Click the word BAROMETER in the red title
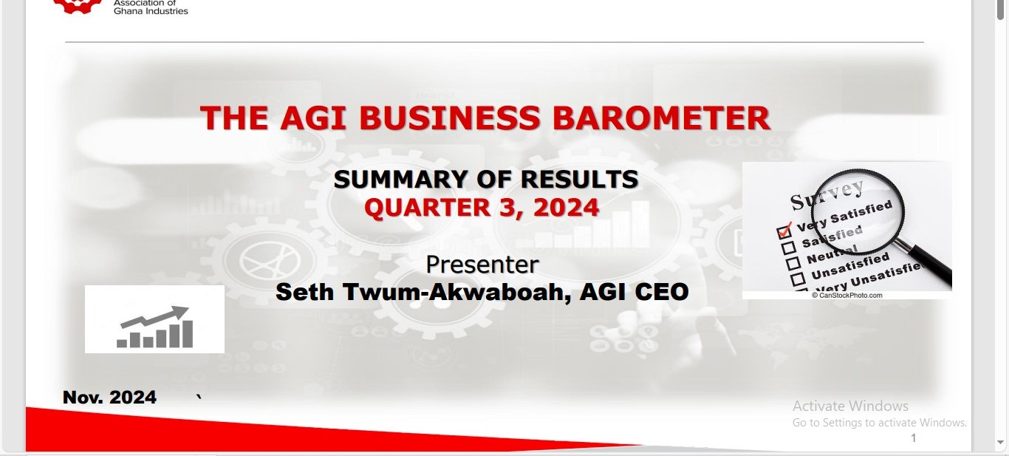[661, 118]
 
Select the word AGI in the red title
[313, 118]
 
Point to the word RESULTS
[580, 180]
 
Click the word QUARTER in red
[427, 208]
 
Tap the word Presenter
[482, 265]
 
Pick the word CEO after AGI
[661, 292]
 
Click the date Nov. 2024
[109, 397]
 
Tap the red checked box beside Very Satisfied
[784, 231]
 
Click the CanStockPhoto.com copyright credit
[846, 296]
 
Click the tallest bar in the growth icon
[188, 334]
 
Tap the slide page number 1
[914, 438]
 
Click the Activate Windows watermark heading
[850, 406]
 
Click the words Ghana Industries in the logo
[151, 11]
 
